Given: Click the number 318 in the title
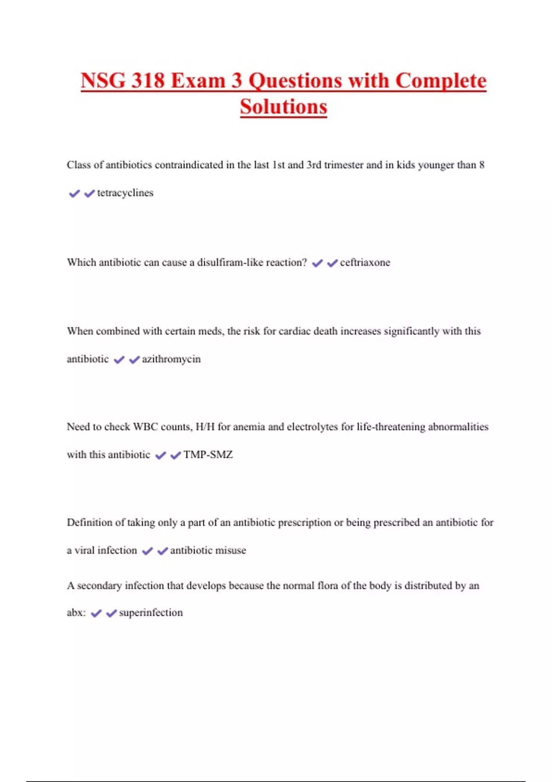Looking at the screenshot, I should click(148, 81).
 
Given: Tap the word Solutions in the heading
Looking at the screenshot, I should click(283, 107).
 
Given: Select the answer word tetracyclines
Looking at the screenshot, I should click(125, 193).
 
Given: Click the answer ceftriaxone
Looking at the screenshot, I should click(365, 263).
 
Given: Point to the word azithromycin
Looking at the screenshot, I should click(171, 359).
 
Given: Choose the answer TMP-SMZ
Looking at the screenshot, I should click(208, 455).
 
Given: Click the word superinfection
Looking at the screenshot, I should click(151, 613).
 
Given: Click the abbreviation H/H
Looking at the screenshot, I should click(205, 427).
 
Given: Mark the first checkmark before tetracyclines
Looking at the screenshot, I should click(74, 194).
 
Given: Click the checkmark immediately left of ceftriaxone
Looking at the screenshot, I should click(332, 263).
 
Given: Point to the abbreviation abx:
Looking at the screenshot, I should click(76, 613).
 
